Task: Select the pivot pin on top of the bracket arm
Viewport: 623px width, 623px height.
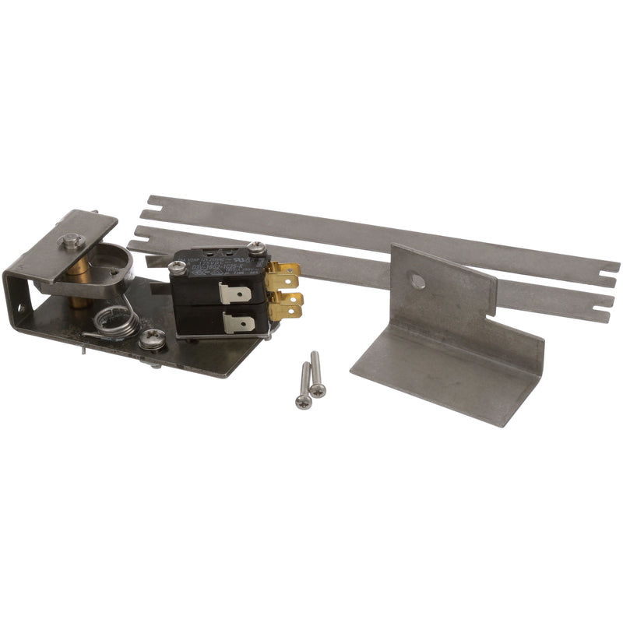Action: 72,242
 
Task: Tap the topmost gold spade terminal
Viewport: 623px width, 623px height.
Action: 285,273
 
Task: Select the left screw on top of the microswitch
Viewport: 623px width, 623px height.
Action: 177,267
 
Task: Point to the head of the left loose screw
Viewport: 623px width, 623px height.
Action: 303,401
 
